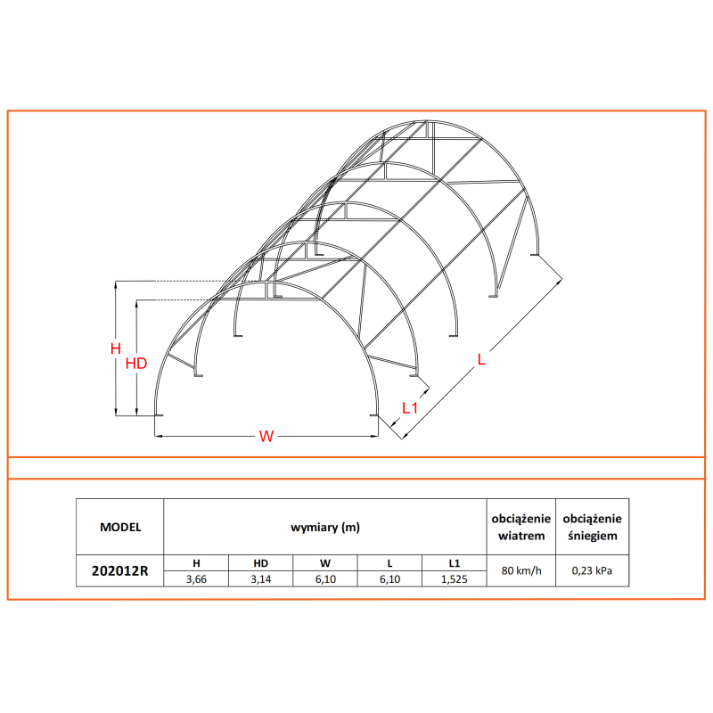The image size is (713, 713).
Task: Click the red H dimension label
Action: tap(114, 348)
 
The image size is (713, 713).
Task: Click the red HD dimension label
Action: tap(135, 363)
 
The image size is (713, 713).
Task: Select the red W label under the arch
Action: tap(266, 436)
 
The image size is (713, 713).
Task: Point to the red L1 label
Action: tap(410, 408)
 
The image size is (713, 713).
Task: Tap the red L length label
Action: tap(481, 359)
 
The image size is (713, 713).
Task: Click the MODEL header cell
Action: tap(120, 527)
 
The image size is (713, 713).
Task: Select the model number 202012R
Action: tap(120, 571)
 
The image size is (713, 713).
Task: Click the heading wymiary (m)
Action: tap(325, 527)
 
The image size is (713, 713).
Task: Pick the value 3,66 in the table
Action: tap(196, 579)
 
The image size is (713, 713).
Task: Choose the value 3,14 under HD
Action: tap(260, 579)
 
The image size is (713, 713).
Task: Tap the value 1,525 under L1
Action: tap(455, 579)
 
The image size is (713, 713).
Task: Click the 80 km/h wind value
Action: tap(521, 571)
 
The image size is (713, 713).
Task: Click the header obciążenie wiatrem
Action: tap(521, 527)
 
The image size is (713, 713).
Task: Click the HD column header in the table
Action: tap(260, 563)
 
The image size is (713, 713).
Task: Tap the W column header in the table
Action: tap(325, 563)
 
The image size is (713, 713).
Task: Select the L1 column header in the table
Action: tap(455, 563)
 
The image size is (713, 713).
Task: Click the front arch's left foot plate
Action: tap(159, 415)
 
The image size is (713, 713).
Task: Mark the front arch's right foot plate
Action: tap(375, 415)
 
